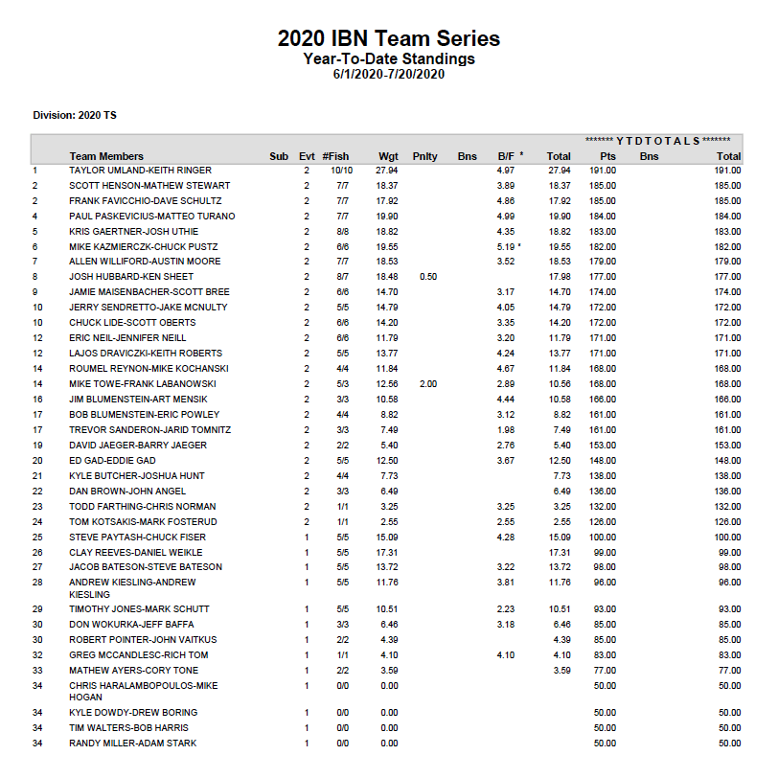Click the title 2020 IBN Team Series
(x=388, y=39)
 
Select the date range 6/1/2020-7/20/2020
(x=388, y=74)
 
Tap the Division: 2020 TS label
(x=75, y=115)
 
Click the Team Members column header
(x=106, y=156)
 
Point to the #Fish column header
(x=335, y=156)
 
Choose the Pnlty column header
(x=424, y=156)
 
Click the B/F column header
(x=507, y=156)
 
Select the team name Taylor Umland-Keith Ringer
(x=140, y=171)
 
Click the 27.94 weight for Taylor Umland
(x=387, y=171)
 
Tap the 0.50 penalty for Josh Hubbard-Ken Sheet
(x=427, y=277)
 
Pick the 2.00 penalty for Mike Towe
(x=427, y=384)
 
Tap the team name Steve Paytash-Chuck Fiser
(x=137, y=537)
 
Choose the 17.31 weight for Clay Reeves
(x=387, y=552)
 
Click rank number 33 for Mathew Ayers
(x=37, y=671)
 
